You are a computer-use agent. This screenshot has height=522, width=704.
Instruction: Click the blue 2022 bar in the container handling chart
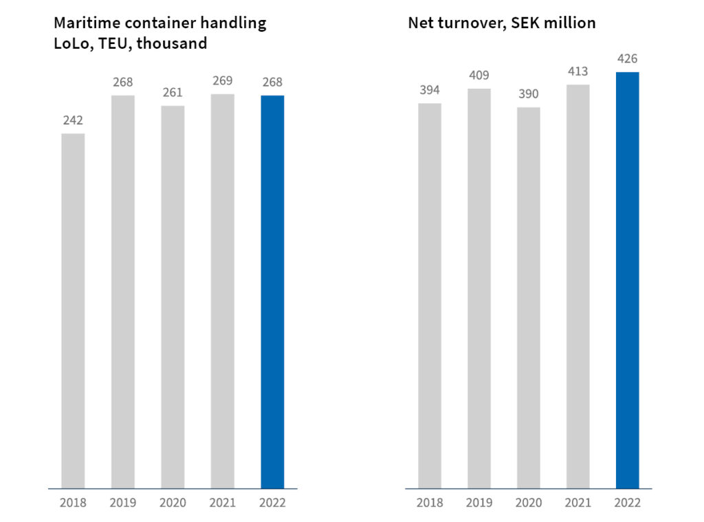(272, 292)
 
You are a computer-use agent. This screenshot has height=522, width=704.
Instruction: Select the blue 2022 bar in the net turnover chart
(627, 280)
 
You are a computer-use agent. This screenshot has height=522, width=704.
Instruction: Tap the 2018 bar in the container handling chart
(73, 311)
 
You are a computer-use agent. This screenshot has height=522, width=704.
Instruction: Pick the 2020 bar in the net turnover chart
(529, 298)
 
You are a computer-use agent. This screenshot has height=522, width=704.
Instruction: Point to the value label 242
(73, 120)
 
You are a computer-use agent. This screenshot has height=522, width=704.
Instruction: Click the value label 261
(173, 92)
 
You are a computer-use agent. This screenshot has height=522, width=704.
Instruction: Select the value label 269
(222, 80)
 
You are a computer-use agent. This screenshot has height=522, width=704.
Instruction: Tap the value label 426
(627, 58)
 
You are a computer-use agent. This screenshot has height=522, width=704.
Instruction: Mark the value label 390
(529, 94)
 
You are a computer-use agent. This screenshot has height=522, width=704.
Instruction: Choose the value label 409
(478, 75)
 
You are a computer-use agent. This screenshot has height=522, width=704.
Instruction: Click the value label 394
(429, 90)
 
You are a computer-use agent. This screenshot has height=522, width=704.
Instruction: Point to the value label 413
(577, 72)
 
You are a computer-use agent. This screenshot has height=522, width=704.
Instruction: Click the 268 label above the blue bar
(272, 82)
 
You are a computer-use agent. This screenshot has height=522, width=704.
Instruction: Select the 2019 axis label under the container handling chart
(123, 503)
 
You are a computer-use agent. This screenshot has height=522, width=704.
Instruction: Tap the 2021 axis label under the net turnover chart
(577, 503)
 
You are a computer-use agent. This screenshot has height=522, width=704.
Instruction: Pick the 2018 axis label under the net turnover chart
(429, 503)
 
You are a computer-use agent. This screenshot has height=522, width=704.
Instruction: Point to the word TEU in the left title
(106, 43)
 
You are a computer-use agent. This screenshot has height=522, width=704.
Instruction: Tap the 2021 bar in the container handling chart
(222, 291)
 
